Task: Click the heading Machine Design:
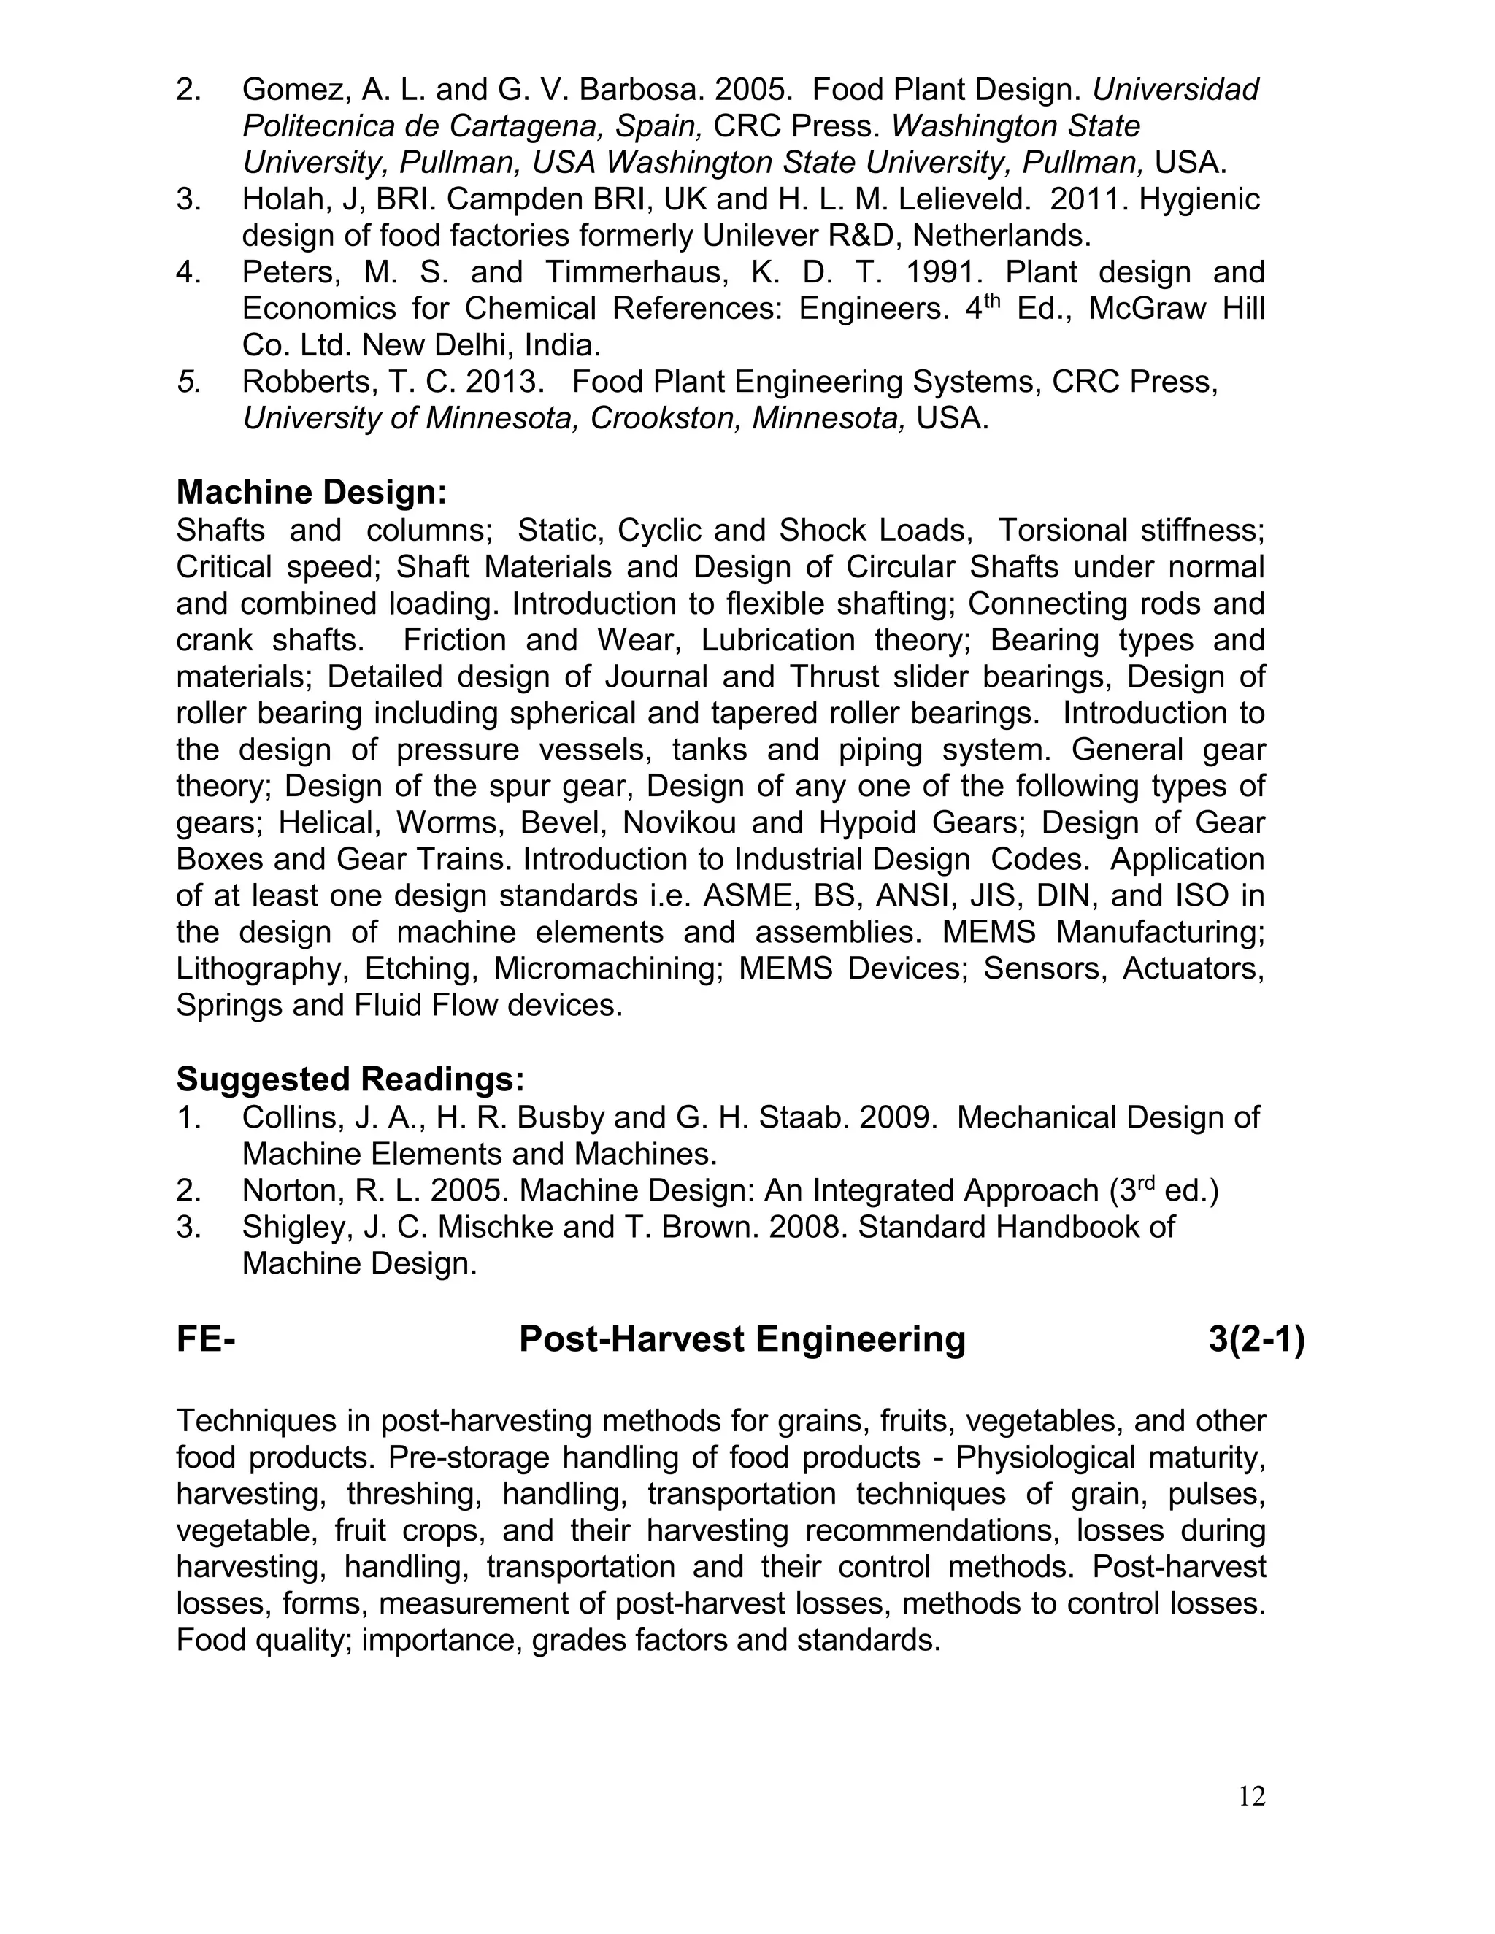pos(311,493)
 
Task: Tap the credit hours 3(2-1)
pos(1256,1339)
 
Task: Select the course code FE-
pos(205,1339)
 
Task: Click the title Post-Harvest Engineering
pos(742,1339)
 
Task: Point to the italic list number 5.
pos(188,382)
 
